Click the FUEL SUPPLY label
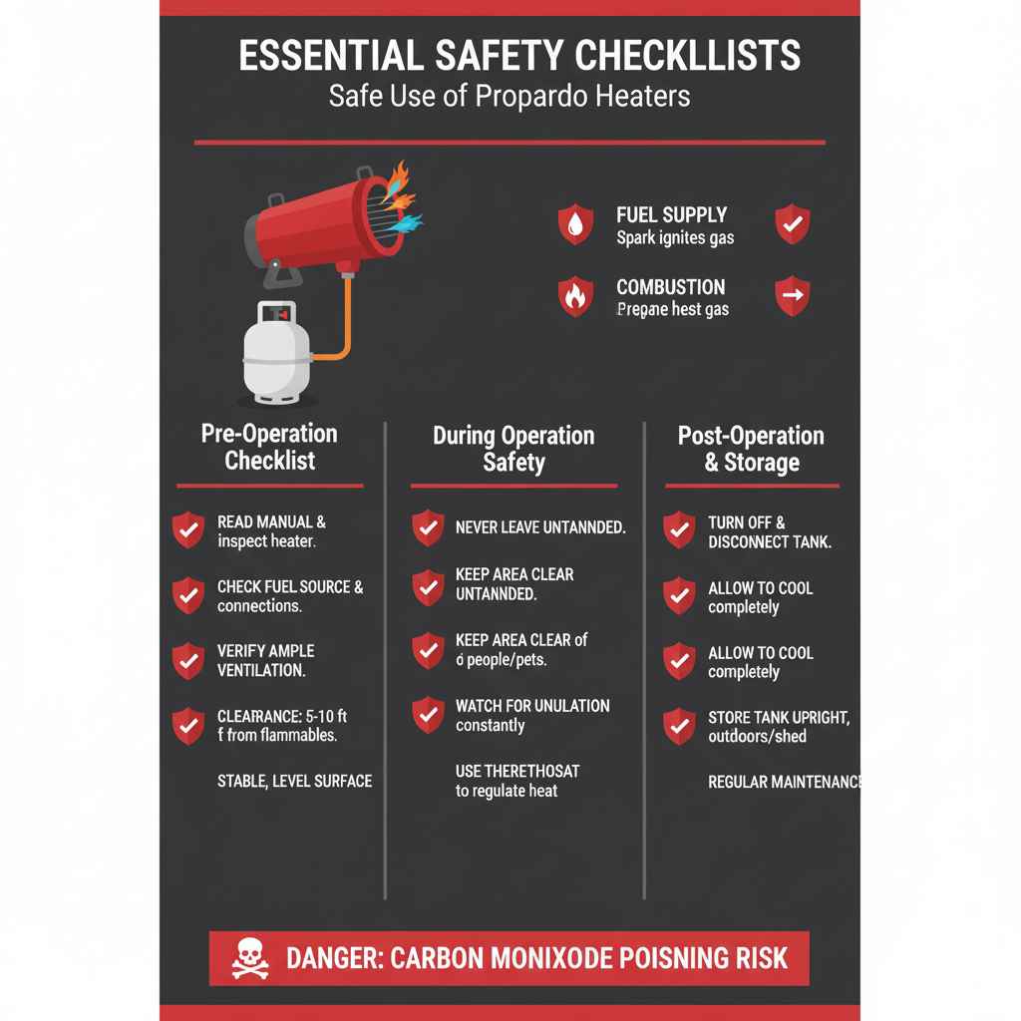(671, 214)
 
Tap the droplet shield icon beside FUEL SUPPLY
(575, 224)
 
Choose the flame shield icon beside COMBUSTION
(575, 296)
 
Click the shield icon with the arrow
(793, 295)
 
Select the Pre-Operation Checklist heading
(269, 447)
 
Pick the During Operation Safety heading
(513, 449)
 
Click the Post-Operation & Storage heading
(751, 449)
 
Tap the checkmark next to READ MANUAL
(188, 530)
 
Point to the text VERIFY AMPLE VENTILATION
(265, 660)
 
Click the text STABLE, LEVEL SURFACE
(294, 781)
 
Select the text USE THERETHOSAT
(516, 771)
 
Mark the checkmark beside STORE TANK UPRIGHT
(679, 726)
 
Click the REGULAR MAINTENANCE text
(783, 782)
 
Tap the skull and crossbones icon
(250, 959)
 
